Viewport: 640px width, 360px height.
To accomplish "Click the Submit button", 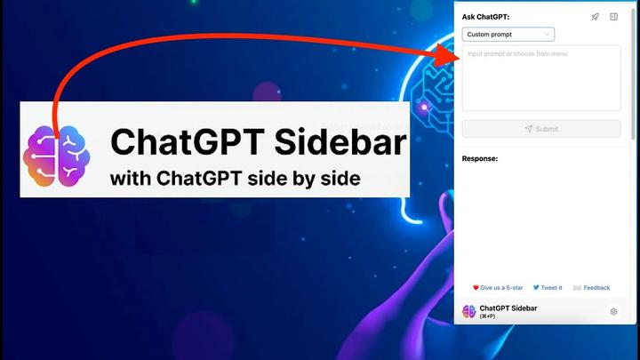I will pos(541,129).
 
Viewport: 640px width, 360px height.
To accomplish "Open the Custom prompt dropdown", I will pos(508,35).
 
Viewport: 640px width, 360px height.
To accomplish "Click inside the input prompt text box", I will pos(541,78).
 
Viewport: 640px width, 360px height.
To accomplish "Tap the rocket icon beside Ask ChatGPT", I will pos(595,17).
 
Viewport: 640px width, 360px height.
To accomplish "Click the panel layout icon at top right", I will pos(613,17).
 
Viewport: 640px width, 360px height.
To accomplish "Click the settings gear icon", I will pos(613,312).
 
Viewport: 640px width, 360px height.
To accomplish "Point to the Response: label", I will pos(480,159).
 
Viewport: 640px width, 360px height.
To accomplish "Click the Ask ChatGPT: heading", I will pos(485,17).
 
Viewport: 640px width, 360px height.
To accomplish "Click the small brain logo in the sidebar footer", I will pos(468,312).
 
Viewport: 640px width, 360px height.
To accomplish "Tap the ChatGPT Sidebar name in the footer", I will pos(508,308).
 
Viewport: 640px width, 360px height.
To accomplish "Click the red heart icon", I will pos(476,288).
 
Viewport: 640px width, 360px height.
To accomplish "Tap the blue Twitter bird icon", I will pos(536,288).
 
